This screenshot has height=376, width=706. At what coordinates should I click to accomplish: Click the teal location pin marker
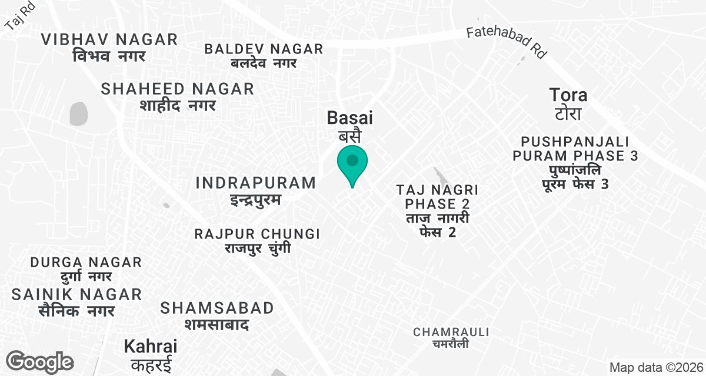(x=352, y=162)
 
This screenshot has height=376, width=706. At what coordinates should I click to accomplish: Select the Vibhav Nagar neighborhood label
(x=109, y=48)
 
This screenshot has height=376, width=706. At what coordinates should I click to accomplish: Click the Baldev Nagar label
(x=264, y=55)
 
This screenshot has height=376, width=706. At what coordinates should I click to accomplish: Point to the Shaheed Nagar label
(x=178, y=96)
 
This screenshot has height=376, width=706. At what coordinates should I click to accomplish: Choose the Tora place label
(x=568, y=103)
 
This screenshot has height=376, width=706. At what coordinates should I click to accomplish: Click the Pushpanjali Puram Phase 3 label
(x=575, y=163)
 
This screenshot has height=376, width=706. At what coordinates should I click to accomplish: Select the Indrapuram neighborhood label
(x=256, y=190)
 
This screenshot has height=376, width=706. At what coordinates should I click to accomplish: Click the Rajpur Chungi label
(x=257, y=241)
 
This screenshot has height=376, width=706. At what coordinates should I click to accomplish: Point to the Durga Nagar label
(x=86, y=268)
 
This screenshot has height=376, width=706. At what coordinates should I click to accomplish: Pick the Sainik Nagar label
(x=76, y=301)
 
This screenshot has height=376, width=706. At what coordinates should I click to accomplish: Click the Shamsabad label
(x=217, y=315)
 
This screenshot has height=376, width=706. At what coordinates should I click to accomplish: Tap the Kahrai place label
(x=151, y=354)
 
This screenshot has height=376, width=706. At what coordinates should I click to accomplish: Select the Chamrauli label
(x=451, y=337)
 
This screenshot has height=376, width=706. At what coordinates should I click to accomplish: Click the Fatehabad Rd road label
(x=507, y=42)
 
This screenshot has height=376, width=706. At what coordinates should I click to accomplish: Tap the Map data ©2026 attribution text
(x=655, y=368)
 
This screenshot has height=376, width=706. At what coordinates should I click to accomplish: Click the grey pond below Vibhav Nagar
(x=78, y=113)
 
